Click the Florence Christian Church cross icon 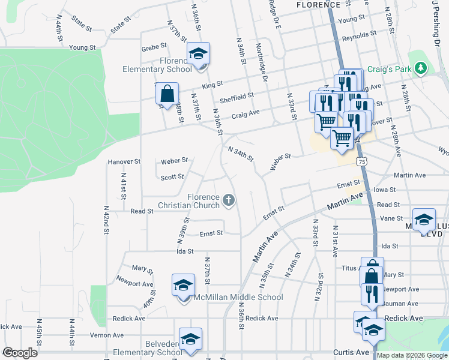pyautogui.click(x=228, y=199)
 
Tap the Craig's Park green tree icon pyautogui.click(x=421, y=68)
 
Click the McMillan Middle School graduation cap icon pyautogui.click(x=183, y=285)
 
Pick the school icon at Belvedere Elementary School pyautogui.click(x=190, y=339)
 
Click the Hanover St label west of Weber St pyautogui.click(x=124, y=161)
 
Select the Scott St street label pyautogui.click(x=172, y=177)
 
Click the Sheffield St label pyautogui.click(x=237, y=95)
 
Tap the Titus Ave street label pyautogui.click(x=349, y=268)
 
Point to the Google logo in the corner pyautogui.click(x=20, y=352)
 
